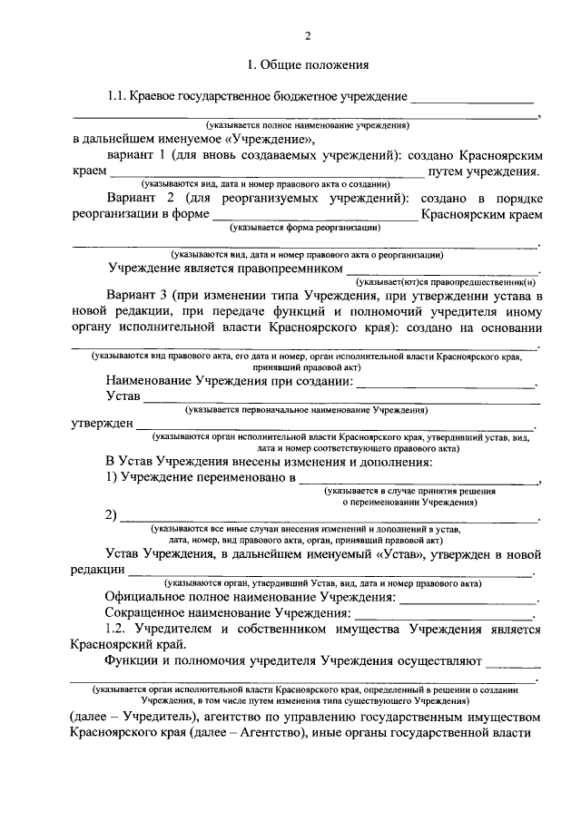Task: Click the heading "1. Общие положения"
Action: tap(307, 65)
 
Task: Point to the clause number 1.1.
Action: tap(117, 96)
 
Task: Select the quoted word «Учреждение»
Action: tap(270, 140)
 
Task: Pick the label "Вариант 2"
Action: tap(142, 199)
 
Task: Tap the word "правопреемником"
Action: tap(290, 269)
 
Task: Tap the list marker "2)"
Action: tap(112, 516)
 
